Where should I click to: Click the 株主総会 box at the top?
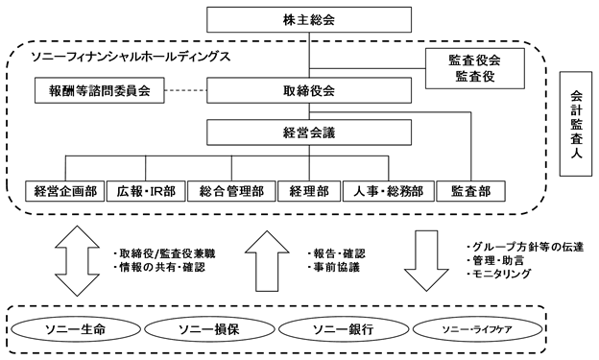pos(309,18)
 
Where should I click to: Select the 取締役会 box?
pos(309,92)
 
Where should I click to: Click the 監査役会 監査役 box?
pos(474,67)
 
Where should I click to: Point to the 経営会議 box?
pos(309,132)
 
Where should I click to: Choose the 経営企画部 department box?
pos(61,190)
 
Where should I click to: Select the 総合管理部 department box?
pos(227,190)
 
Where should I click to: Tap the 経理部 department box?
pos(309,190)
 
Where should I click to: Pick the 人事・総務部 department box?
pos(389,190)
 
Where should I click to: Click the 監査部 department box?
pos(469,190)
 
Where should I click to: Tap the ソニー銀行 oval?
pos(335,329)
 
